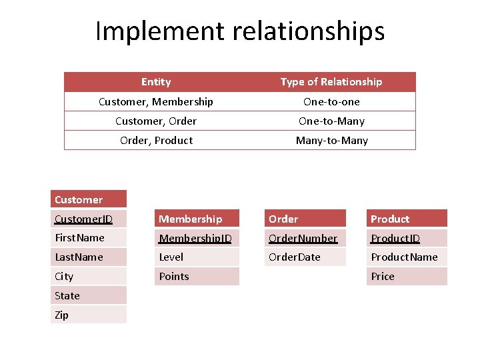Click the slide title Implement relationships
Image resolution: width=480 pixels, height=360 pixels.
coord(240,31)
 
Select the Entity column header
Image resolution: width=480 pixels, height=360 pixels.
coord(156,82)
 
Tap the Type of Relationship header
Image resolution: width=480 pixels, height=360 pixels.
coord(331,82)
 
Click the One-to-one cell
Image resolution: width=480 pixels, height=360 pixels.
coord(331,101)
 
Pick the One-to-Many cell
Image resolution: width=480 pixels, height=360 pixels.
coord(331,121)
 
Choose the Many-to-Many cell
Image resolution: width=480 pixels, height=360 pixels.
coord(331,140)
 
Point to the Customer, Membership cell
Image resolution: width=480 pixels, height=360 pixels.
coord(156,101)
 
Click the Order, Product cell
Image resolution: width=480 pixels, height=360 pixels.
coord(156,140)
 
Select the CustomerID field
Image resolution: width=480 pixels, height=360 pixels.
coord(84,219)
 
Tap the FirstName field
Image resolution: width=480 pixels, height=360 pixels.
coord(80,237)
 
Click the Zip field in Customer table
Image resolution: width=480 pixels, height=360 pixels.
coord(62,315)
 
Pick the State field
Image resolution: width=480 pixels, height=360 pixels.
coord(67,295)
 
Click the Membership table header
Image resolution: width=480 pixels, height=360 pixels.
coord(191,219)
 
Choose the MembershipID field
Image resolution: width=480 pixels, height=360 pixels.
coord(195,238)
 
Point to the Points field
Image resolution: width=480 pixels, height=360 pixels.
coord(174,276)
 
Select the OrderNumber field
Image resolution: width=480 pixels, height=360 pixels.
coord(303,238)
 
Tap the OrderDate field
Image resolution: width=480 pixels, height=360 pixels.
coord(295,257)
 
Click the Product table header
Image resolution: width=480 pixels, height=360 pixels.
coord(390,219)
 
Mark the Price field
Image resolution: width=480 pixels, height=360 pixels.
coord(383,276)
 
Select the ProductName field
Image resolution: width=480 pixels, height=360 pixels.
coord(404,257)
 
